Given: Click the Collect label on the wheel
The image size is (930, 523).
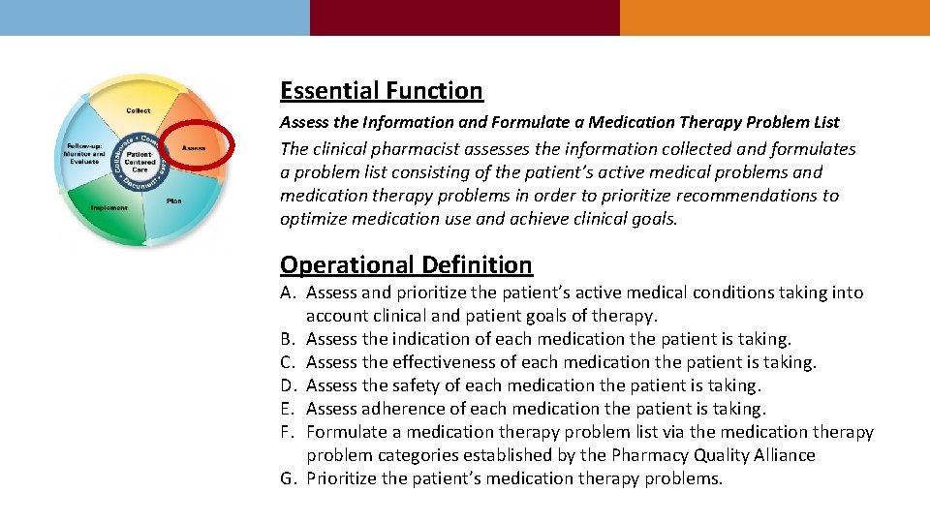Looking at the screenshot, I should tap(138, 110).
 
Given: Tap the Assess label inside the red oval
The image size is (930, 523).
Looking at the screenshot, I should tap(194, 147).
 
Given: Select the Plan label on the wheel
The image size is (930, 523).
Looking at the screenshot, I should tap(173, 200).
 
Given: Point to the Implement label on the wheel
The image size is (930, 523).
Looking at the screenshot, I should tap(110, 207).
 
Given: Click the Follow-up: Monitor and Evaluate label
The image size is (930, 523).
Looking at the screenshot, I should tap(84, 154).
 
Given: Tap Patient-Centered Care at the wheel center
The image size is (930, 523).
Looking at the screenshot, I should tap(139, 160).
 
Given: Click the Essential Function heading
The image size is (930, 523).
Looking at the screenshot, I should tap(381, 91).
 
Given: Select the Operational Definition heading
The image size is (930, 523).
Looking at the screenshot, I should tap(406, 265).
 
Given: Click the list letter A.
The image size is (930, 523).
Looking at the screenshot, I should tap(288, 292).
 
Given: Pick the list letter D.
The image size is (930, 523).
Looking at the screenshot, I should tap(288, 385).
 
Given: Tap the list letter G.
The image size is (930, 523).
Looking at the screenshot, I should tap(288, 478).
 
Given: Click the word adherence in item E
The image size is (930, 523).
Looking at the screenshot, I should tap(404, 409).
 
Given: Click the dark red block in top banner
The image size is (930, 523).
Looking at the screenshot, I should tap(464, 17).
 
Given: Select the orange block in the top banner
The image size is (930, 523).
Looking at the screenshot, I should tap(774, 17).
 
